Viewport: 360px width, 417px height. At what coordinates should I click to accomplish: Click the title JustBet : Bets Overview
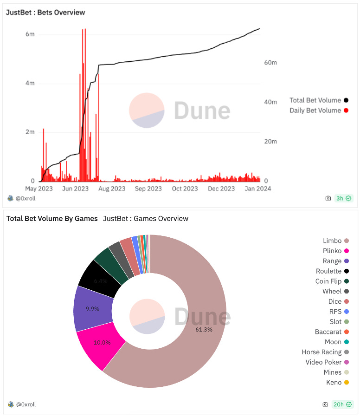pyautogui.click(x=45, y=13)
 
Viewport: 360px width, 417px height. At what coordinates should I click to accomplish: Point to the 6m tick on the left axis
pyautogui.click(x=30, y=34)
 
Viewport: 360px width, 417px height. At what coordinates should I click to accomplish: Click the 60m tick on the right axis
pyautogui.click(x=270, y=62)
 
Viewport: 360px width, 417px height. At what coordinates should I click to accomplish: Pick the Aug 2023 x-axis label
pyautogui.click(x=112, y=189)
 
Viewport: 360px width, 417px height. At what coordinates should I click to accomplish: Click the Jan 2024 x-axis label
pyautogui.click(x=257, y=189)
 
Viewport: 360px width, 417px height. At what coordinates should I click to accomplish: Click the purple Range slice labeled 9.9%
pyautogui.click(x=93, y=308)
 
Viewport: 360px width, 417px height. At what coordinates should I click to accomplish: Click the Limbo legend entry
pyautogui.click(x=332, y=241)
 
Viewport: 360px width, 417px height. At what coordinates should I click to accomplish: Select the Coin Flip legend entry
pyautogui.click(x=328, y=281)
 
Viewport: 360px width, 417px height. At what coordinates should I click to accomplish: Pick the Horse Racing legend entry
pyautogui.click(x=321, y=352)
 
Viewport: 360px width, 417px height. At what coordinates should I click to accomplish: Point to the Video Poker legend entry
pyautogui.click(x=323, y=362)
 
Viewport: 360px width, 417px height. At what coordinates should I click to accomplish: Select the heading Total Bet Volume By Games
pyautogui.click(x=52, y=218)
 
